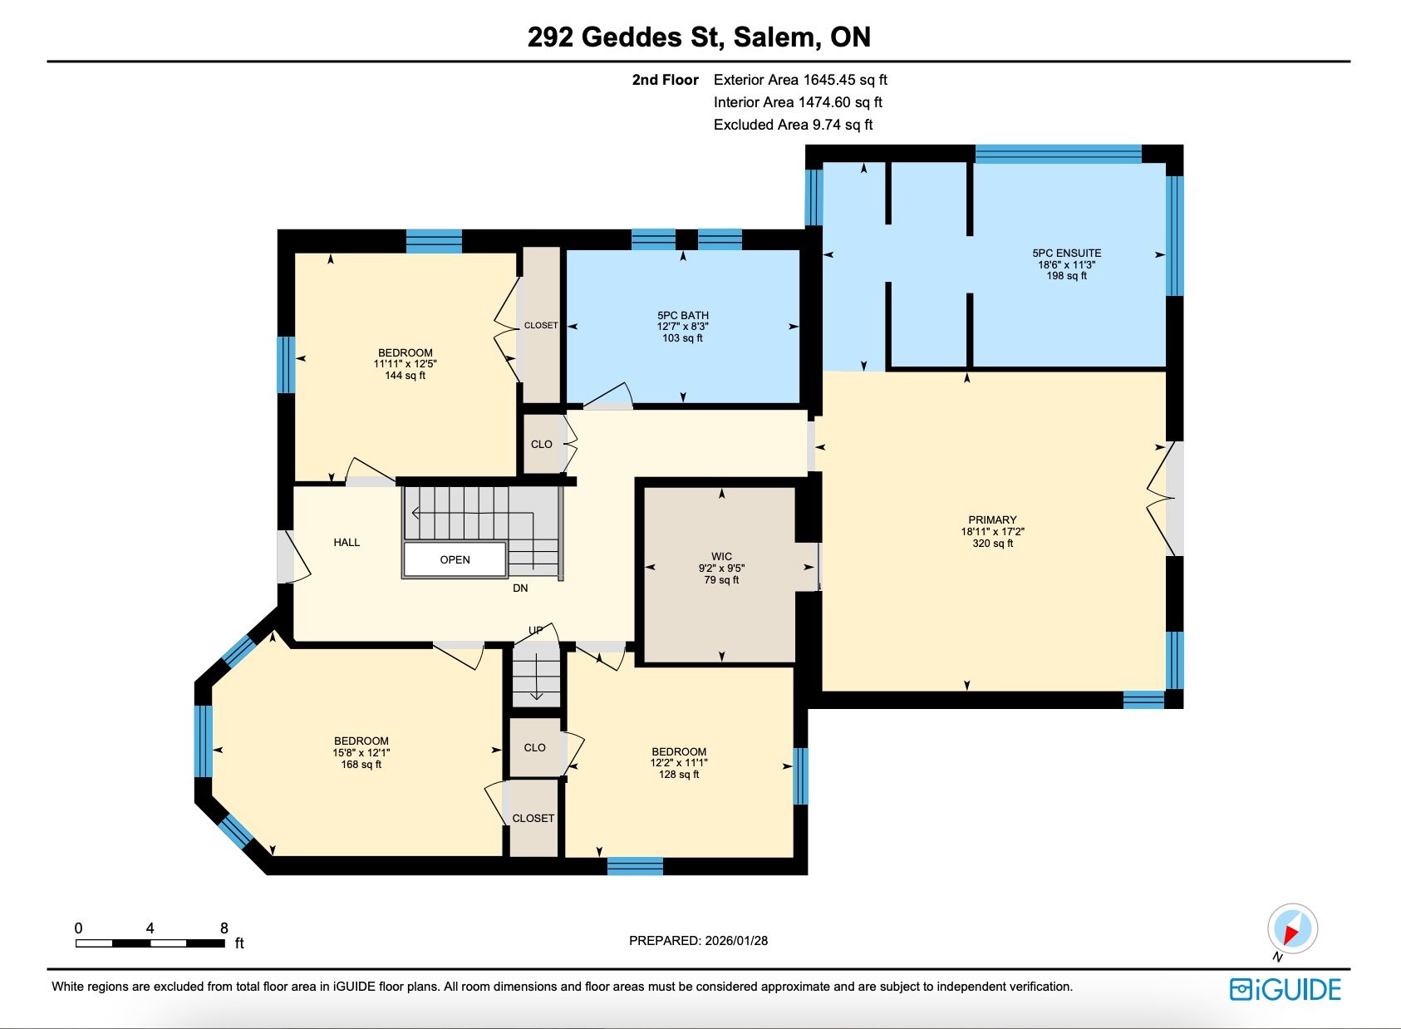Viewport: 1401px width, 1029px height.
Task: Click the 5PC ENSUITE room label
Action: tap(1066, 253)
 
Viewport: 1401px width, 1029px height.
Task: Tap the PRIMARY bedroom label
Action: tap(992, 519)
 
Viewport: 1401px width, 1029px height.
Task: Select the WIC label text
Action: tap(721, 556)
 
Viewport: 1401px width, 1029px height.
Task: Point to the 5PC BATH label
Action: tap(682, 315)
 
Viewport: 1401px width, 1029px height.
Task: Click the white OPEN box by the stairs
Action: tap(455, 559)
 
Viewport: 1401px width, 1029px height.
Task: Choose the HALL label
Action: tap(347, 542)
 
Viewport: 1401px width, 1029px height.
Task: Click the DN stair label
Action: tap(520, 588)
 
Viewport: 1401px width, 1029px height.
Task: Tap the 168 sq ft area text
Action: tap(361, 765)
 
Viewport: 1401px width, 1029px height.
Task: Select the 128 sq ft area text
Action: tap(679, 775)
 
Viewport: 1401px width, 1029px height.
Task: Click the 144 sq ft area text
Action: tap(405, 376)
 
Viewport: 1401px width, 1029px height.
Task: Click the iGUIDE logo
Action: tap(1285, 990)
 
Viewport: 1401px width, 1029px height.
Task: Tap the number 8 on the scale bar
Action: tap(224, 928)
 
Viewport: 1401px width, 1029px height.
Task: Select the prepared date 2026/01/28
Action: tap(736, 941)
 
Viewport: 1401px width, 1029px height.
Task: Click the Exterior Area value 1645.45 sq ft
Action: tap(845, 80)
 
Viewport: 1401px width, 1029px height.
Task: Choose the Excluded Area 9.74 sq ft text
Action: tap(793, 125)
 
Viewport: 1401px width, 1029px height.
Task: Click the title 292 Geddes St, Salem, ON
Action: tap(699, 37)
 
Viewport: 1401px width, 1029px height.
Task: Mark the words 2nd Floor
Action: tap(665, 80)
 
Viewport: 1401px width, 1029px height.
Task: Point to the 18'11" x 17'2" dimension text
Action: tap(992, 532)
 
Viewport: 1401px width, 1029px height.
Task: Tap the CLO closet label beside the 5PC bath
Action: tap(541, 444)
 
